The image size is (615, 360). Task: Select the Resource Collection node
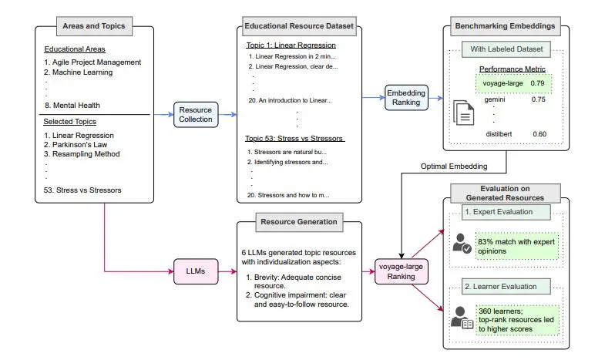click(195, 114)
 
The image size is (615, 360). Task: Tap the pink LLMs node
click(190, 271)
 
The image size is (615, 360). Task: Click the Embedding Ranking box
click(406, 99)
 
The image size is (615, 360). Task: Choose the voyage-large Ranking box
click(400, 271)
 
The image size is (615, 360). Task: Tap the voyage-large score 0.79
click(537, 82)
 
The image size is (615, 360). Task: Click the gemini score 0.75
click(537, 99)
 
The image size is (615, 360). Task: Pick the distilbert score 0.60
click(537, 134)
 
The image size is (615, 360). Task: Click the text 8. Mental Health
click(73, 106)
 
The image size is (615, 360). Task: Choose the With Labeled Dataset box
click(506, 51)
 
